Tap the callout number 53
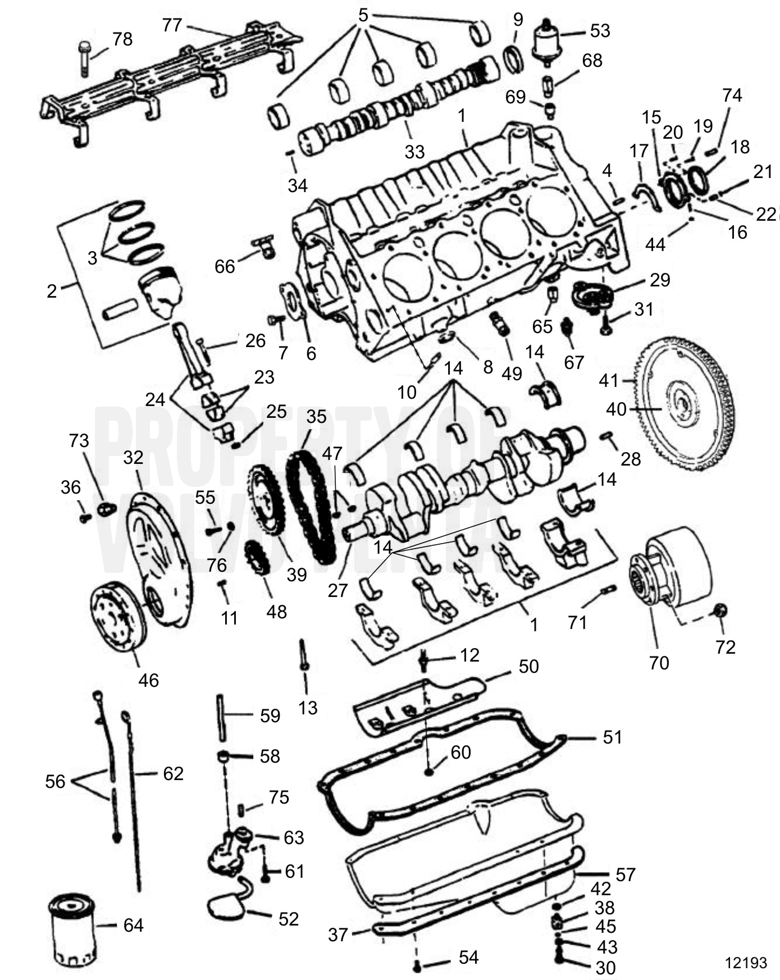599,31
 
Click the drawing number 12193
745,963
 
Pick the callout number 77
172,25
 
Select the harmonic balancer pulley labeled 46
117,616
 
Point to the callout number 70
659,663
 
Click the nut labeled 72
719,610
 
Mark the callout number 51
612,737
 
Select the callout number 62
173,773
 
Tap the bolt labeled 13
303,654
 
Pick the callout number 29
660,279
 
